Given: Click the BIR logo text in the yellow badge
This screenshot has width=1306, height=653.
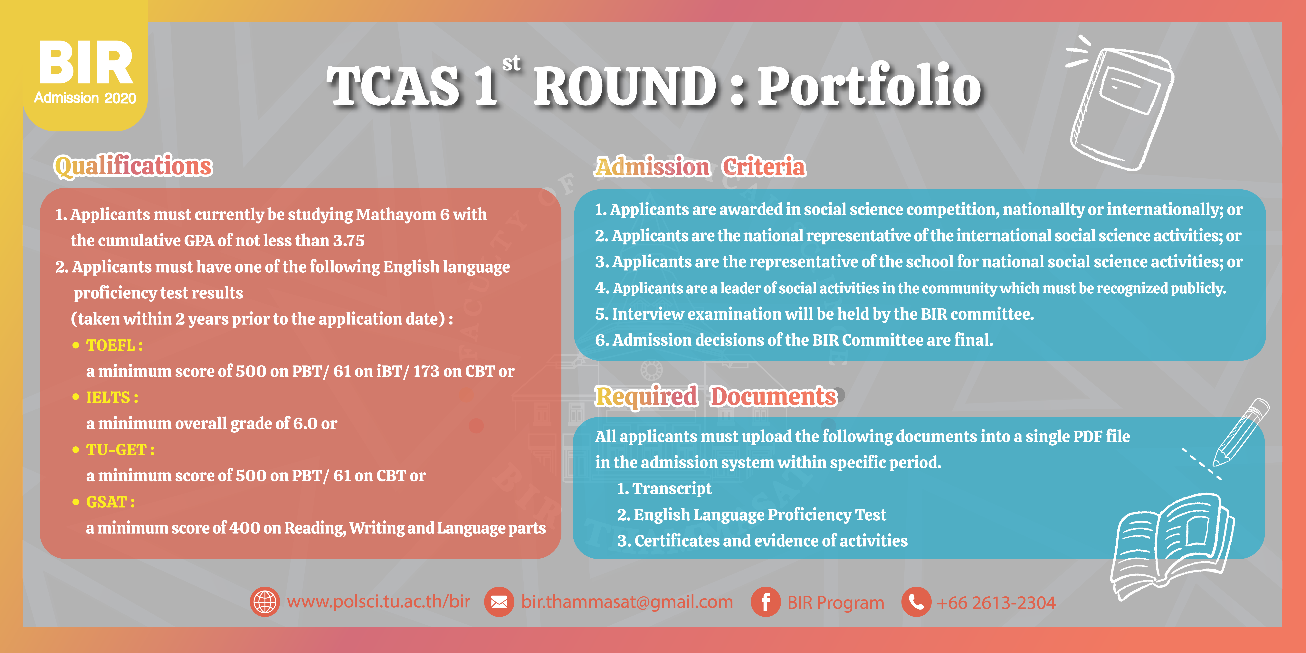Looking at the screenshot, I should [x=85, y=63].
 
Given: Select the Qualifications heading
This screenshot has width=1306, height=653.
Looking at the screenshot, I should [x=133, y=166].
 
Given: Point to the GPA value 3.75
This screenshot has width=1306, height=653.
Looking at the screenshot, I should [x=349, y=240].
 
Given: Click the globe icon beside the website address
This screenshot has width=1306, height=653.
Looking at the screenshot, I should [x=265, y=602].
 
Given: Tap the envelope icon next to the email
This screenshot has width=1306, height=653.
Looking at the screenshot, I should [x=499, y=602].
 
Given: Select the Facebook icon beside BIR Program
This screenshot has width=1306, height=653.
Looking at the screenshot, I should [x=765, y=602].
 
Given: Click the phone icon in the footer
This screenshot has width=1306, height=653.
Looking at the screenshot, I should [x=916, y=602].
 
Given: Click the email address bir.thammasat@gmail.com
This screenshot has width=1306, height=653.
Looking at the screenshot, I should [x=627, y=602].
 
